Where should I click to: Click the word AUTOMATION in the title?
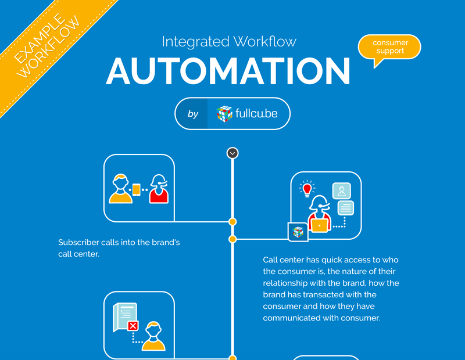tap(228, 71)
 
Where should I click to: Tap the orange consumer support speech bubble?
tap(389, 48)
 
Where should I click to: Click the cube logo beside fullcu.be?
tap(224, 114)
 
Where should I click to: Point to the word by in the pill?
tap(193, 114)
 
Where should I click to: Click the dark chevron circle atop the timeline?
tap(233, 153)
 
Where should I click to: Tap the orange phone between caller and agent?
tap(137, 190)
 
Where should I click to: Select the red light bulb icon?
tap(307, 189)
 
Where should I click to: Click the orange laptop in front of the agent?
tap(319, 226)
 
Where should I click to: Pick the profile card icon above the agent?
tap(342, 191)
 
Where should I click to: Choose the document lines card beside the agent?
tap(346, 208)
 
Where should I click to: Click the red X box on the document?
tap(133, 326)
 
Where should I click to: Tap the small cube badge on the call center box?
tap(298, 232)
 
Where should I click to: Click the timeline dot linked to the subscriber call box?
tap(233, 222)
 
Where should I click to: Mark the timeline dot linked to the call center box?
tap(233, 239)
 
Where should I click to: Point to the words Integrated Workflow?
tap(229, 41)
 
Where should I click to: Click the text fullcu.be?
tap(256, 113)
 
